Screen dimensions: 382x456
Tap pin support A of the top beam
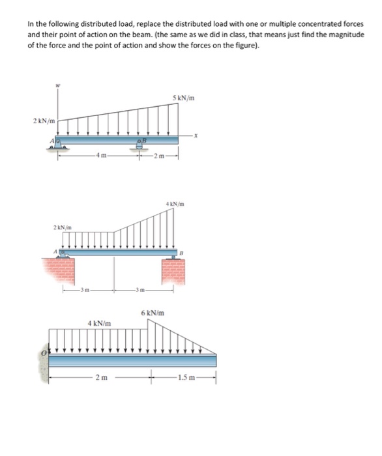pos(57,143)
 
